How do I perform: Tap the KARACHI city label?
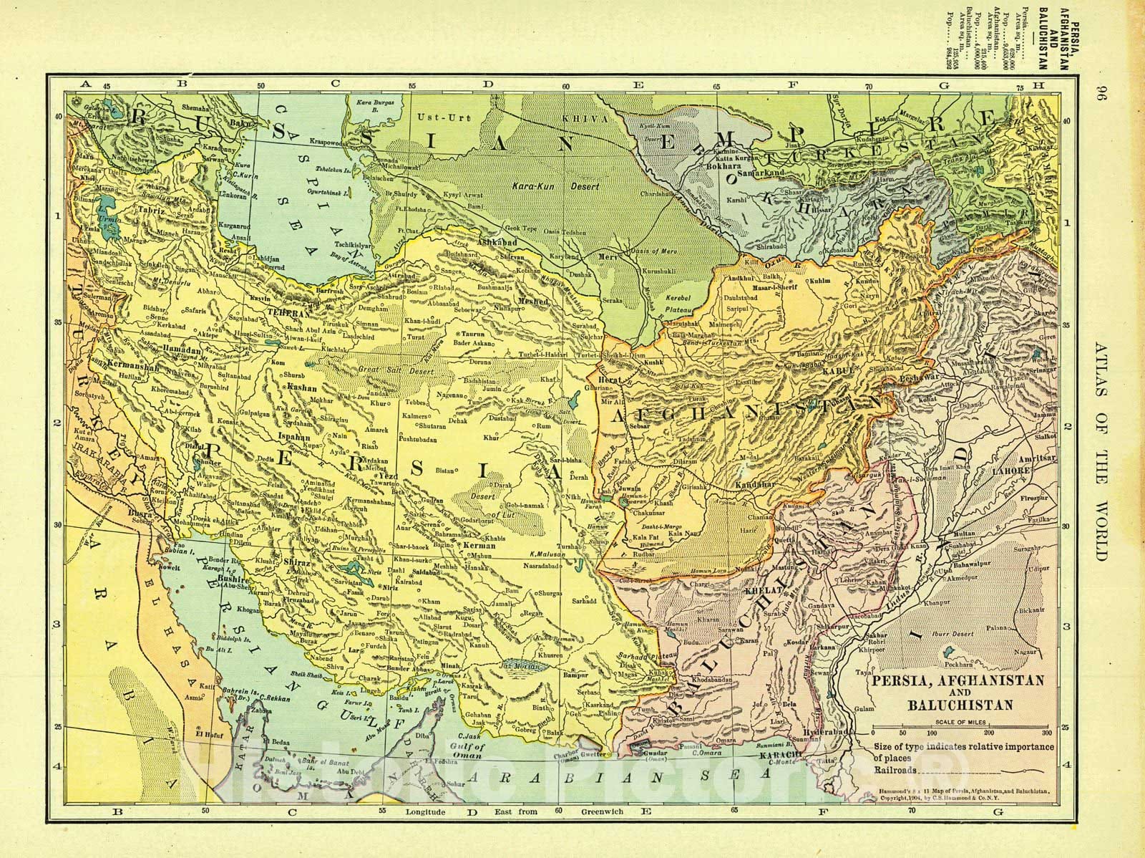[781, 756]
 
